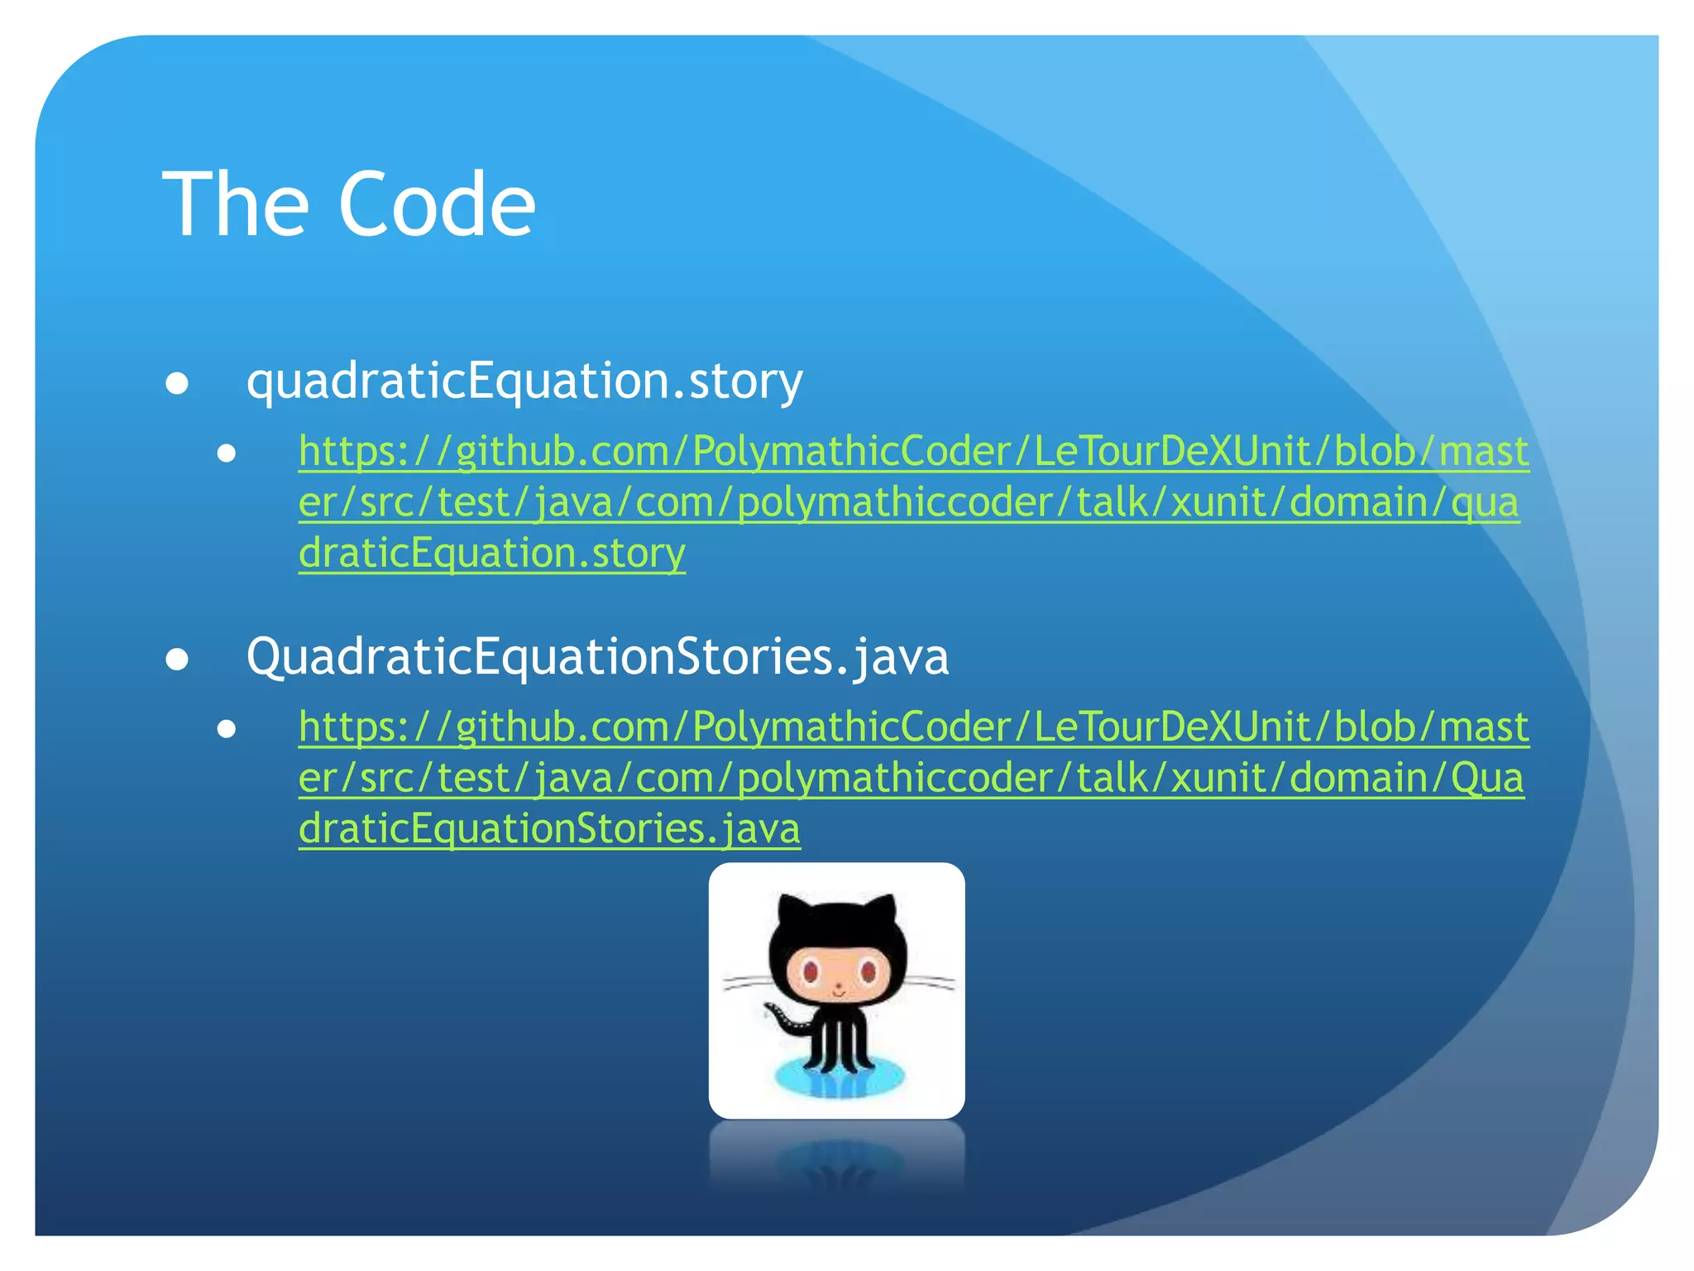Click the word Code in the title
(x=437, y=205)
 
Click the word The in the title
(x=235, y=205)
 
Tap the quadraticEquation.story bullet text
(x=524, y=381)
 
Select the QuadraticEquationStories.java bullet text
(x=597, y=657)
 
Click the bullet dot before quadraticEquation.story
(x=177, y=384)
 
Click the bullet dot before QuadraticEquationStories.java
(x=177, y=659)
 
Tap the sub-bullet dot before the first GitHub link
(x=227, y=453)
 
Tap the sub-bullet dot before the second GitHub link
(x=227, y=729)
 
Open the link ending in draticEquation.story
(x=491, y=553)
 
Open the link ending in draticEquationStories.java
(x=549, y=828)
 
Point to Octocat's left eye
(x=810, y=969)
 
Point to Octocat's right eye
(x=867, y=971)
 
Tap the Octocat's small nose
(x=838, y=986)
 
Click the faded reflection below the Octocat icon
(x=837, y=1158)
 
